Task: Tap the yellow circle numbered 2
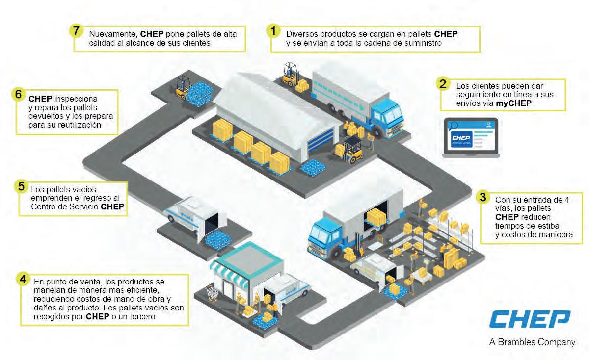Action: (443, 83)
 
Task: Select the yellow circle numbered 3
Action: (483, 197)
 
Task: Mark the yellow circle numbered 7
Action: (76, 30)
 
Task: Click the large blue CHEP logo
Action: (530, 319)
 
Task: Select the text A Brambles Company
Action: (532, 342)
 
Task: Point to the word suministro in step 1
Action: (424, 43)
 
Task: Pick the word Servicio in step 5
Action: (82, 206)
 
